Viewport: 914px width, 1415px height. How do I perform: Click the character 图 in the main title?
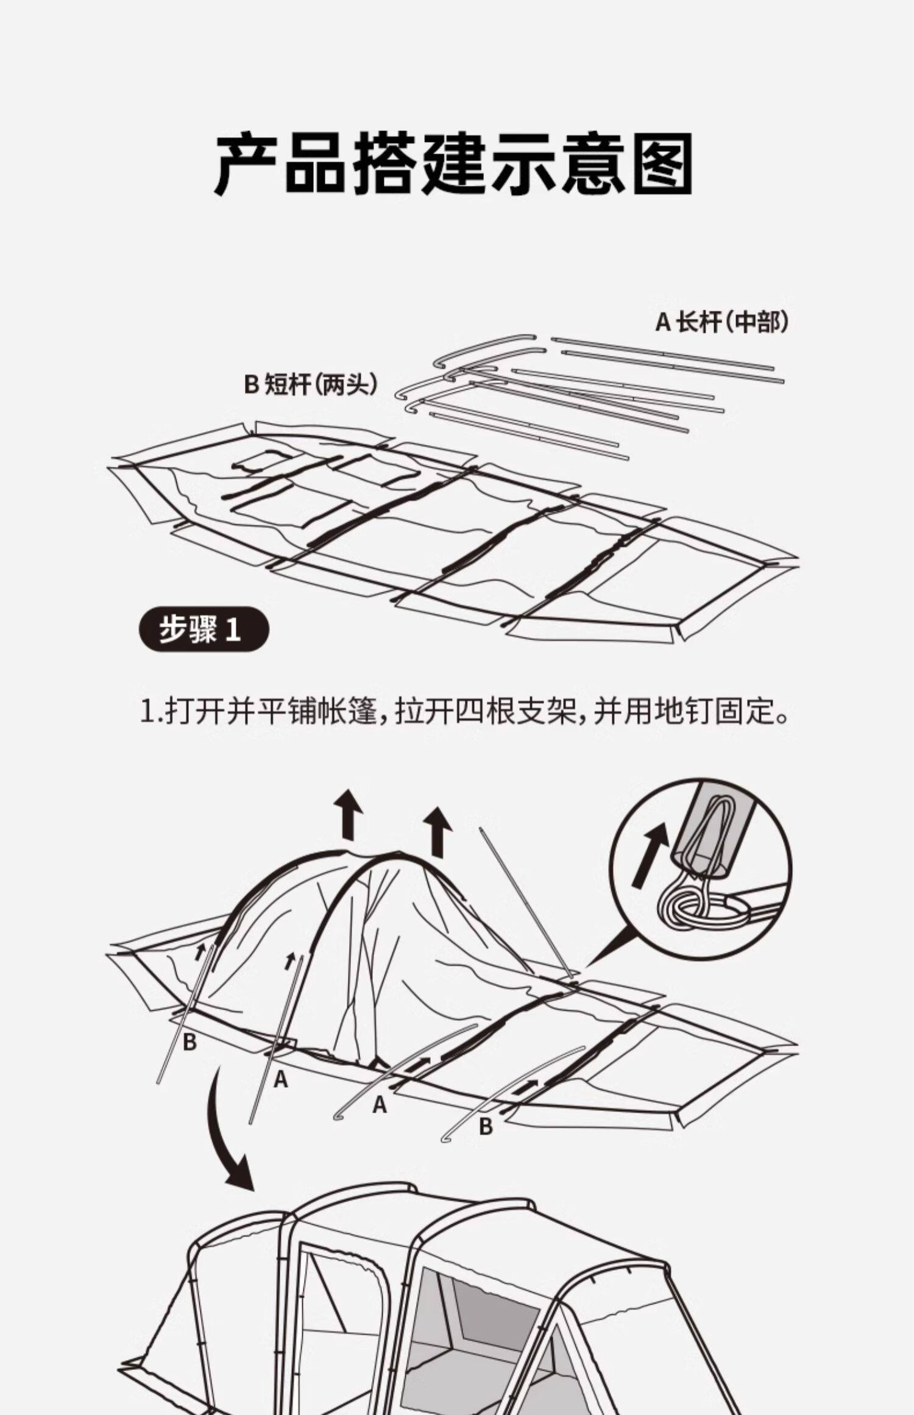[662, 165]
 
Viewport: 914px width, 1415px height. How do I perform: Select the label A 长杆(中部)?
[721, 322]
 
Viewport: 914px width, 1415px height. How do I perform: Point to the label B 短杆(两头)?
[311, 385]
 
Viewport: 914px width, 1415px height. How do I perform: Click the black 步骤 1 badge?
[204, 629]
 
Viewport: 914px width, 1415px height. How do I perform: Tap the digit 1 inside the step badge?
[233, 630]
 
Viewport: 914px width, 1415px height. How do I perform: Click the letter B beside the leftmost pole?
[190, 1042]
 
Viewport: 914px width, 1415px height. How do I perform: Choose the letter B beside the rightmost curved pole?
[486, 1126]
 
